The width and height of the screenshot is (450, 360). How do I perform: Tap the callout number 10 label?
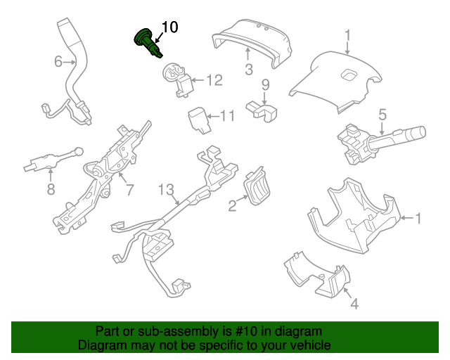(169, 27)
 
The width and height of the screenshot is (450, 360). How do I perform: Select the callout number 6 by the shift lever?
(58, 62)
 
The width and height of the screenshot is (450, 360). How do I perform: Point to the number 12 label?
(213, 80)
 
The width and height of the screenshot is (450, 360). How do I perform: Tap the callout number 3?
(248, 69)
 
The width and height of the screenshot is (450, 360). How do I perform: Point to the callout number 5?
(382, 113)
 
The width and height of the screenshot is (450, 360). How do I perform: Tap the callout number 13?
(165, 189)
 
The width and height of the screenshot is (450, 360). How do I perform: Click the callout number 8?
(51, 189)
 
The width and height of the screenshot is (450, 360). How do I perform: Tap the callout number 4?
(354, 304)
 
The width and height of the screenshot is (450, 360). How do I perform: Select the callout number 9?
(266, 86)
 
